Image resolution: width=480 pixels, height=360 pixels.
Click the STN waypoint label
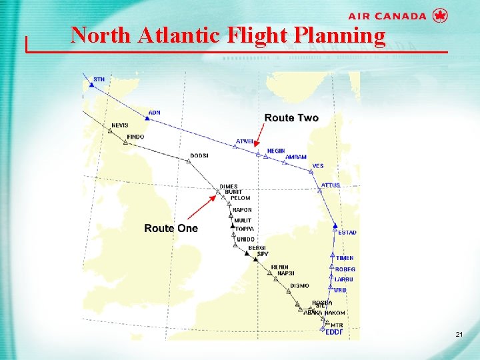pyautogui.click(x=99, y=79)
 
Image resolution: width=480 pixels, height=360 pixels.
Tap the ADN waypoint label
pyautogui.click(x=154, y=113)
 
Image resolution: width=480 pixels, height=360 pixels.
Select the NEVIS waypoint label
pyautogui.click(x=120, y=125)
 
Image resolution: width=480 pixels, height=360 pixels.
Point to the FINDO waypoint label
pyautogui.click(x=135, y=137)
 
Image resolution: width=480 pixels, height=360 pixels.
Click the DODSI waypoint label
pyautogui.click(x=199, y=155)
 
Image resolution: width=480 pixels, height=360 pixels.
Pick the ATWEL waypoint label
pyautogui.click(x=245, y=141)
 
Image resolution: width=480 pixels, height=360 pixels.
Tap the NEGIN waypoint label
pyautogui.click(x=275, y=151)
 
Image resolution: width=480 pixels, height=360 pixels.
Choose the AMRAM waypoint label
pyautogui.click(x=296, y=157)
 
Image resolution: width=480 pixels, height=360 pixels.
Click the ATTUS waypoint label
pyautogui.click(x=330, y=185)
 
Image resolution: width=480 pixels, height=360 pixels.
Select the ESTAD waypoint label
pyautogui.click(x=347, y=233)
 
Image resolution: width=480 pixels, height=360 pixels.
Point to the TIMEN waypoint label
pyautogui.click(x=345, y=258)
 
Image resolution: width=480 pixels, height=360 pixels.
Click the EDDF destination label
pyautogui.click(x=333, y=332)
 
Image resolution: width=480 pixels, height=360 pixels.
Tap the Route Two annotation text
pyautogui.click(x=291, y=118)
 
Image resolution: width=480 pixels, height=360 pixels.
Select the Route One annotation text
pyautogui.click(x=171, y=228)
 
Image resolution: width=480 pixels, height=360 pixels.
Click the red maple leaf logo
pyautogui.click(x=439, y=15)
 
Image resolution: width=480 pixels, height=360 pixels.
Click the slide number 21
pyautogui.click(x=458, y=333)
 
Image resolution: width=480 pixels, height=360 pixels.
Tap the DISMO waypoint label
pyautogui.click(x=299, y=286)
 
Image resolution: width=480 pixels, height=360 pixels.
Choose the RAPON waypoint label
pyautogui.click(x=242, y=210)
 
